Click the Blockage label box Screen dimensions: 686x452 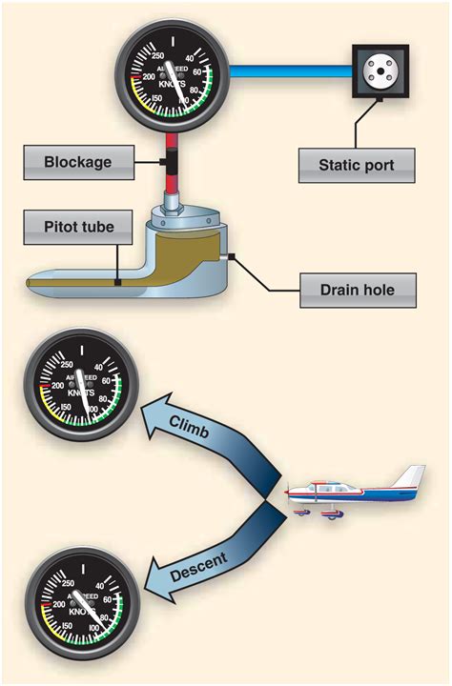click(78, 162)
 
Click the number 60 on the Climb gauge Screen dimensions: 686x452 click(117, 378)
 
